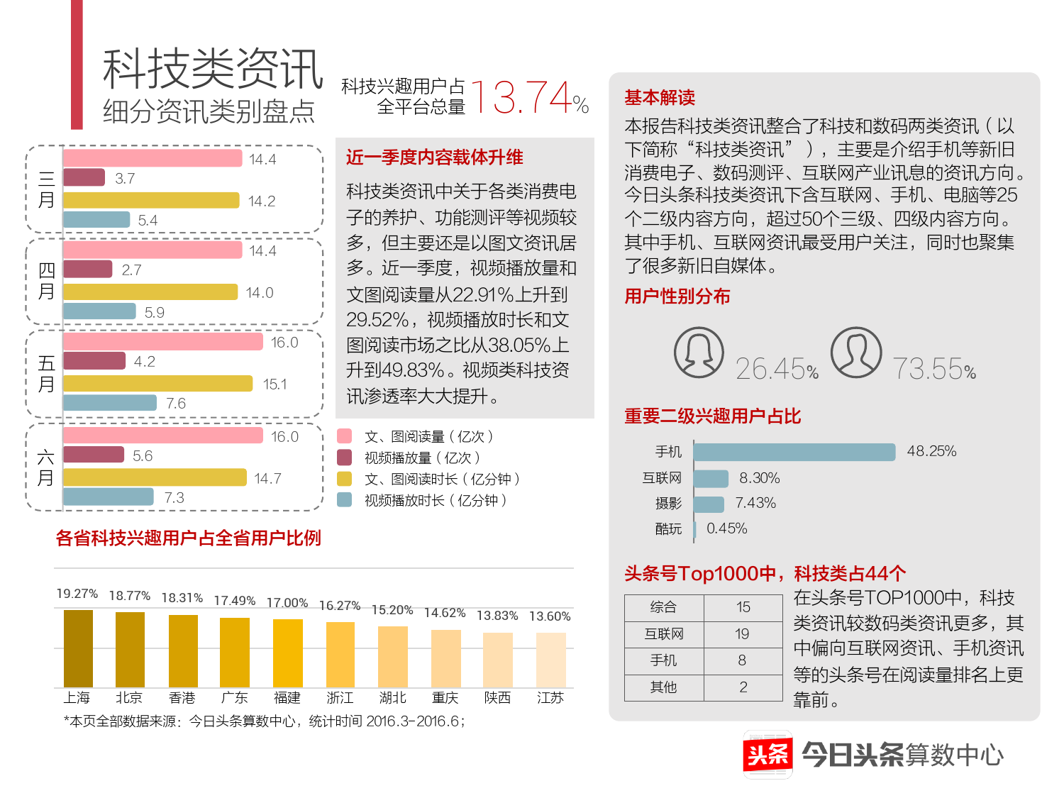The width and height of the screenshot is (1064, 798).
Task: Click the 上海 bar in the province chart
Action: (78, 648)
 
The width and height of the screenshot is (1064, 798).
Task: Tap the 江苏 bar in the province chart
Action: (550, 659)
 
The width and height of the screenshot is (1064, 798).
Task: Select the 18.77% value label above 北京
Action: (130, 596)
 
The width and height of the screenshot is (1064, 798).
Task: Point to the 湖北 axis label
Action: (392, 698)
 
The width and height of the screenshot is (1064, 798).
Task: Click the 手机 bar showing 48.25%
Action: (794, 452)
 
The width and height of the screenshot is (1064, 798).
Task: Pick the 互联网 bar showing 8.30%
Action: (711, 479)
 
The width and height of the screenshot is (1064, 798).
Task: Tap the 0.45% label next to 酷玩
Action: (726, 528)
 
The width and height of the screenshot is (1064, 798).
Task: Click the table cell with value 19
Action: (742, 634)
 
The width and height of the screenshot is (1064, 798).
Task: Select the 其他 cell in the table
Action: (663, 687)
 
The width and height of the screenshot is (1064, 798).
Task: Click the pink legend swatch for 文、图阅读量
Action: (345, 436)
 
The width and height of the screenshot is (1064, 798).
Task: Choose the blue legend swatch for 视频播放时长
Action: (345, 500)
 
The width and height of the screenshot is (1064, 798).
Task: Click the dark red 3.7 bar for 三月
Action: (84, 177)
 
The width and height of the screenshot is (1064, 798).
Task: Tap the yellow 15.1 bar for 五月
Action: (157, 384)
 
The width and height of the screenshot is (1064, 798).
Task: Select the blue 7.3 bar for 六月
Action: (109, 497)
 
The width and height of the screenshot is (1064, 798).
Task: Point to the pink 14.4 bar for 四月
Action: (153, 250)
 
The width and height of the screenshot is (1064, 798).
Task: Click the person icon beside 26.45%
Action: (699, 353)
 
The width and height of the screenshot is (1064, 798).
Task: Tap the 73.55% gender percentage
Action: (933, 369)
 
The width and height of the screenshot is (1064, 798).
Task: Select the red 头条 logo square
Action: (767, 754)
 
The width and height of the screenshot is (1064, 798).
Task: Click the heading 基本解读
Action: (660, 97)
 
